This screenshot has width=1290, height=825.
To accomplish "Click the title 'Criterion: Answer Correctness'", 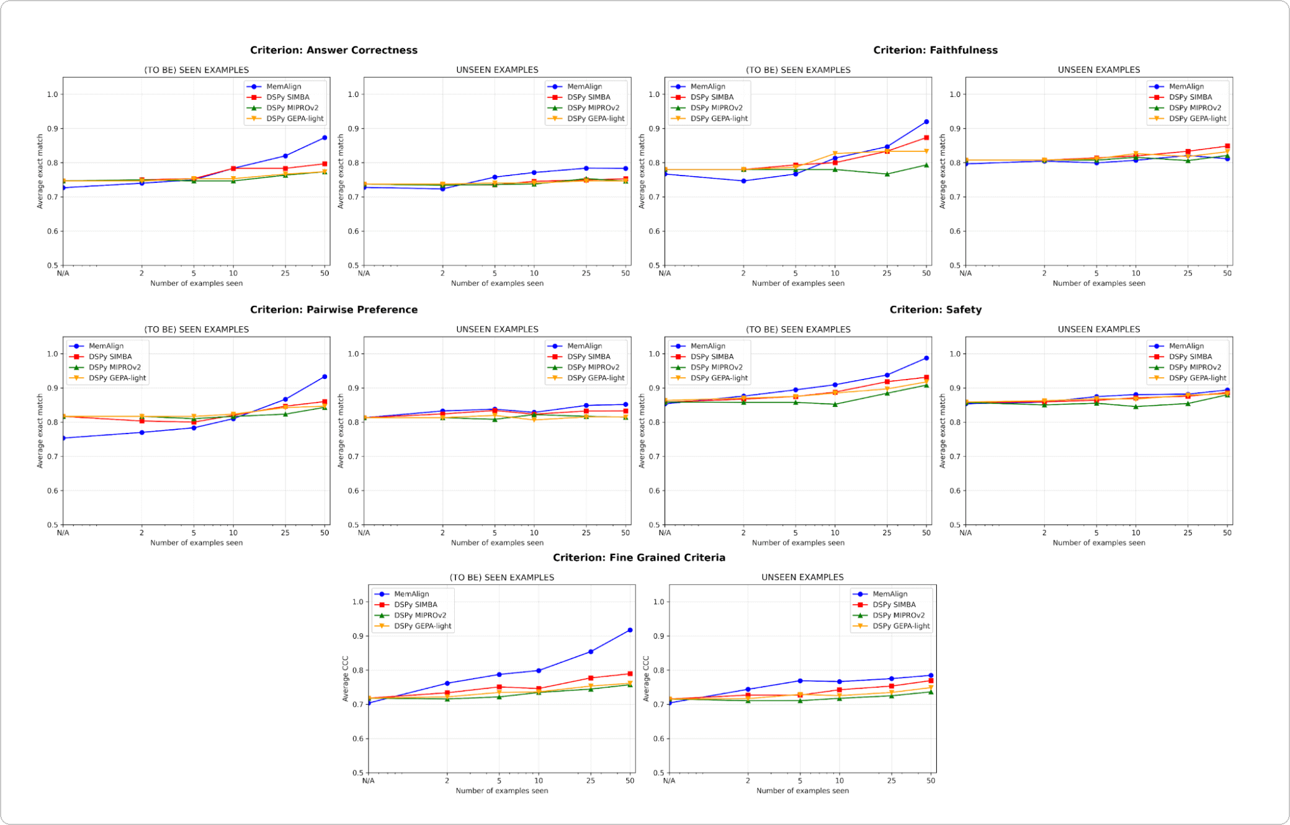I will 333,50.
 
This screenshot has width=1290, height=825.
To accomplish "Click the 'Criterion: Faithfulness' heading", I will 935,50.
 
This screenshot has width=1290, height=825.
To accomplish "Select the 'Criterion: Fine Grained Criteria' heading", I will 638,558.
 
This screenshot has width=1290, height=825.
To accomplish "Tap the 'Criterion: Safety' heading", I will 935,310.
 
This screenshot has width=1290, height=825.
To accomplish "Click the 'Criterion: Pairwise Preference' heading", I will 333,310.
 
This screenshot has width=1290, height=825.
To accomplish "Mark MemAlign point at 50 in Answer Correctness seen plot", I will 325,138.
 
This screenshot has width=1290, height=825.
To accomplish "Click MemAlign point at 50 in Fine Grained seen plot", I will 630,630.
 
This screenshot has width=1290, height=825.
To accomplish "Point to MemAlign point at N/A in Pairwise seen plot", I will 63,438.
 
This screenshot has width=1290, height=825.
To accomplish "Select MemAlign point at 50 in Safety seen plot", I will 926,358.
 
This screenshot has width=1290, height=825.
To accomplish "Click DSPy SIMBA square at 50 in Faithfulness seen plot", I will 926,138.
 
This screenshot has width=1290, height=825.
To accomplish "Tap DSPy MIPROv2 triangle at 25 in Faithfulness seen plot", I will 887,174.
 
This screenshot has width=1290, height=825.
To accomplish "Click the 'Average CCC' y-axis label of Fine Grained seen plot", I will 346,679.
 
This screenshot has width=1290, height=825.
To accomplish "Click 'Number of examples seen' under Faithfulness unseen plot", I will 1098,283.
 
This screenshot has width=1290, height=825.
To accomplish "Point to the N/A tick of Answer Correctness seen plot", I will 63,273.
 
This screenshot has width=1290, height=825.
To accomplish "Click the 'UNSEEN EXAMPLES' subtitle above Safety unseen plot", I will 1098,329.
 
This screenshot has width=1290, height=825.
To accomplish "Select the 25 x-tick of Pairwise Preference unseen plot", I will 586,533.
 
